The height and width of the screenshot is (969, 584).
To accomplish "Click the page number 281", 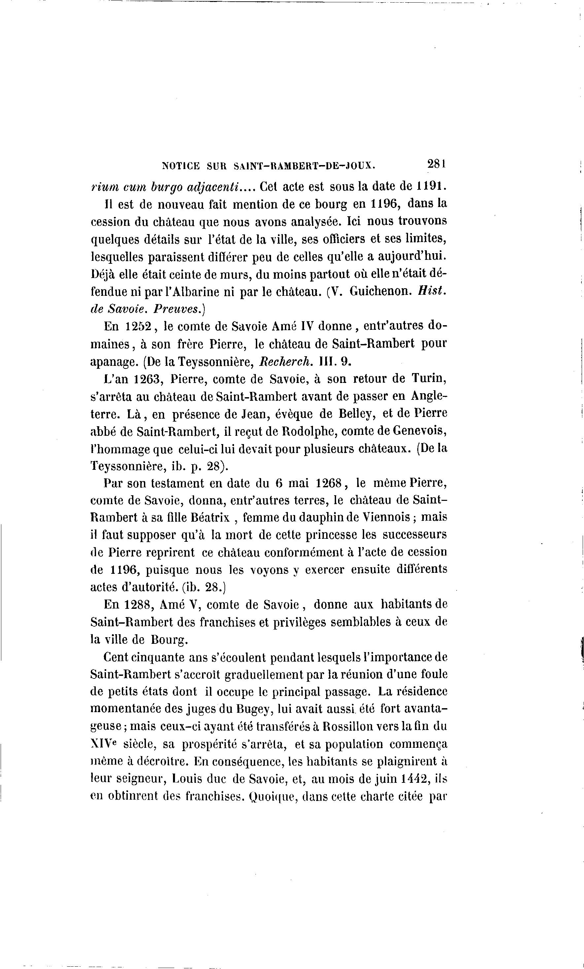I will click(x=436, y=164).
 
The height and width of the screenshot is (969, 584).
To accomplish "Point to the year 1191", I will click(x=432, y=186).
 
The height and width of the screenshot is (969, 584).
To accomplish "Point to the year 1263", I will click(x=146, y=379).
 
